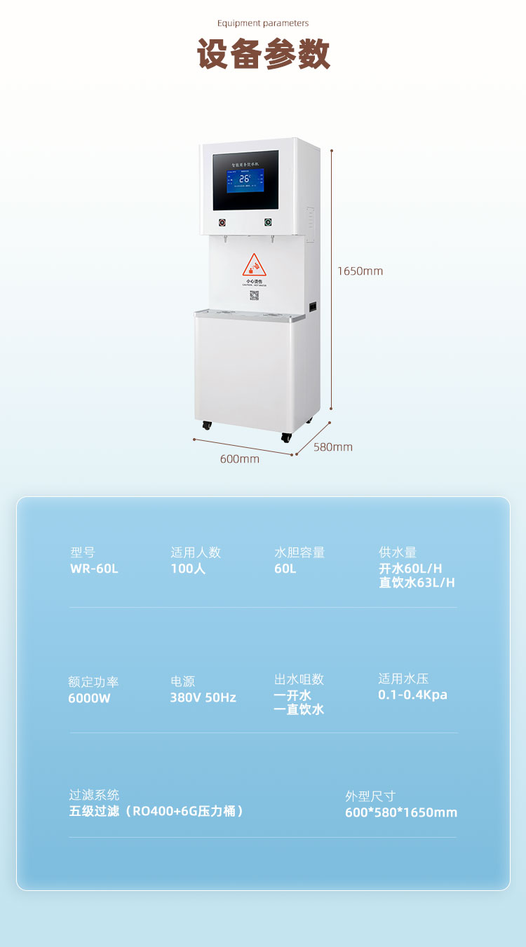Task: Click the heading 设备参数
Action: (263, 55)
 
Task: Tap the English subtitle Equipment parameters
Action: (263, 23)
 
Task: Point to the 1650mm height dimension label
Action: (360, 271)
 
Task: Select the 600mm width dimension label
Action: (240, 459)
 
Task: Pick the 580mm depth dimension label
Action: (333, 447)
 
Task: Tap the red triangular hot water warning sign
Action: (255, 266)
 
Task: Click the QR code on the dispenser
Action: (255, 295)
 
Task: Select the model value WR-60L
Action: (95, 568)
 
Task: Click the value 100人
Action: (188, 568)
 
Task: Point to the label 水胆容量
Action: (299, 552)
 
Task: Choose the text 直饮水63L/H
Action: (417, 582)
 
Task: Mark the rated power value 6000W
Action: (89, 698)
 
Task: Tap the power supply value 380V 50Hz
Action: (203, 697)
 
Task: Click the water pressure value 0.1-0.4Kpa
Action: (412, 695)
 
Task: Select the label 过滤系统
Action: (94, 795)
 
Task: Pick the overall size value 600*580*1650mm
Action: (401, 812)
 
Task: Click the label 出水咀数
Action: (299, 679)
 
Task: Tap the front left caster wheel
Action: (207, 425)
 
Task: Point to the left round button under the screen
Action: (222, 223)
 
